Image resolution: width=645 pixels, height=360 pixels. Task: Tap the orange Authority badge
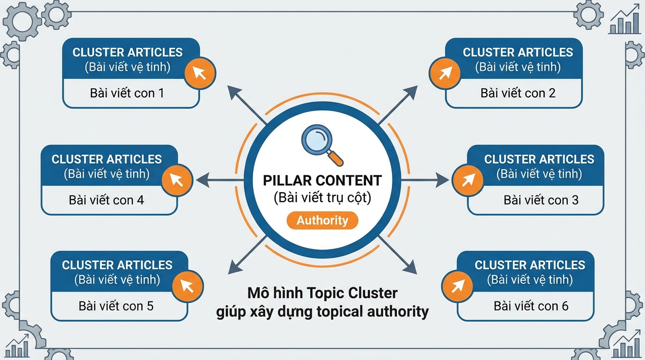pyautogui.click(x=322, y=220)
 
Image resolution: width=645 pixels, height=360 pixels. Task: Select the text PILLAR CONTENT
pyautogui.click(x=322, y=180)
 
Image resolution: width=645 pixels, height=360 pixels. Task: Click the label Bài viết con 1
pyautogui.click(x=127, y=93)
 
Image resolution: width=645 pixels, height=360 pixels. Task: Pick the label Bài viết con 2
pyautogui.click(x=518, y=93)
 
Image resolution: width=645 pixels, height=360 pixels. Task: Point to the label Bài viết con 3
pyautogui.click(x=541, y=200)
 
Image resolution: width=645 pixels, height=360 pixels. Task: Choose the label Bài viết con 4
pyautogui.click(x=106, y=200)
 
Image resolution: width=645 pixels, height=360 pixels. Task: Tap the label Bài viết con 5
pyautogui.click(x=116, y=307)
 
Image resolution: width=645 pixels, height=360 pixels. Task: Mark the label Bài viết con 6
pyautogui.click(x=531, y=307)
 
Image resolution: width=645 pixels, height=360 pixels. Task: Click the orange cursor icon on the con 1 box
pyautogui.click(x=200, y=74)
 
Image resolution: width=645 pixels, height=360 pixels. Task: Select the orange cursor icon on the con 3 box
pyautogui.click(x=467, y=180)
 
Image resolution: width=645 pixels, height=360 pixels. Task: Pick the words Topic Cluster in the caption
pyautogui.click(x=352, y=293)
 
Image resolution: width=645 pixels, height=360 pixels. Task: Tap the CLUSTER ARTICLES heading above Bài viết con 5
pyautogui.click(x=117, y=265)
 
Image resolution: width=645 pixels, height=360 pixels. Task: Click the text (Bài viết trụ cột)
pyautogui.click(x=322, y=198)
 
